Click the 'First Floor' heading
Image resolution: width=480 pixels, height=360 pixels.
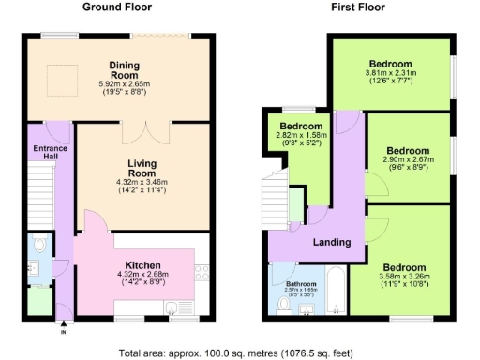(358, 7)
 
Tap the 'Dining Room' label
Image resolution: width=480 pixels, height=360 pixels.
(125, 70)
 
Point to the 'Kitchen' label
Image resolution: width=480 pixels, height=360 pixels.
(138, 265)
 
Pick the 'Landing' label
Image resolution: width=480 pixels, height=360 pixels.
(332, 242)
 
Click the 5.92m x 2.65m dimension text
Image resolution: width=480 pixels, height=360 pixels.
(125, 84)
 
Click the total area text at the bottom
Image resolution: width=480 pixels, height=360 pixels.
(240, 353)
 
